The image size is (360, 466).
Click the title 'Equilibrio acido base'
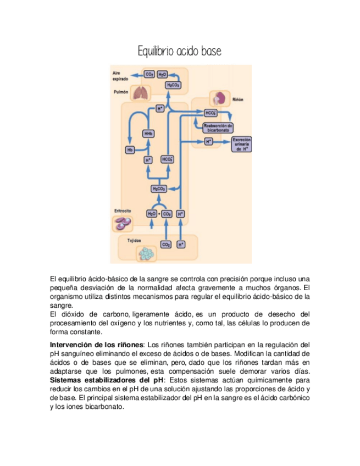180,52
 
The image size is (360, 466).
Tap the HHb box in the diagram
148,134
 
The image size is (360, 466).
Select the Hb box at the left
130,149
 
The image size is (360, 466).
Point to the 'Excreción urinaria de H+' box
242,144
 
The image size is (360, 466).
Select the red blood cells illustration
123,223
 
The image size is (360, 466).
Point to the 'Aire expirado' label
120,76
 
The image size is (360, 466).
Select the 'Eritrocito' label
123,210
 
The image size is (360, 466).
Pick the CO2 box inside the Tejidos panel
165,244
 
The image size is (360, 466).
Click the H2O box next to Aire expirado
162,74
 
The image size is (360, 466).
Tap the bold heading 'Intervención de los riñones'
97,345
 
